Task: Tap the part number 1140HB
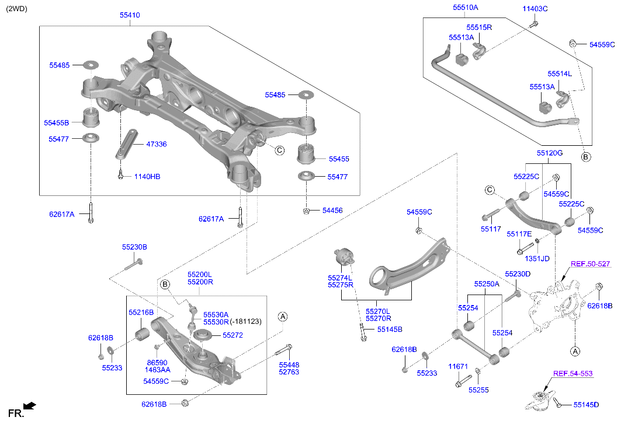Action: click(x=147, y=176)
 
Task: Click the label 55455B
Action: click(x=56, y=123)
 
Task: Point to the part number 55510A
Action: click(x=465, y=8)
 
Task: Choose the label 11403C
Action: click(x=535, y=9)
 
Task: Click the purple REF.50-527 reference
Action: click(x=590, y=264)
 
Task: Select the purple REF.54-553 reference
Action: click(x=573, y=373)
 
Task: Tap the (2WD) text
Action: click(x=16, y=9)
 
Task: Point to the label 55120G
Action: click(x=550, y=153)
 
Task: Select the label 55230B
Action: click(x=134, y=247)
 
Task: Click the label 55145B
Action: click(x=389, y=330)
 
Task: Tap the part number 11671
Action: click(x=458, y=367)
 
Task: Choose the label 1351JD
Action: click(x=537, y=258)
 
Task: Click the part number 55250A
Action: click(x=487, y=284)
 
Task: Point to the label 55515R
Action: click(x=479, y=27)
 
